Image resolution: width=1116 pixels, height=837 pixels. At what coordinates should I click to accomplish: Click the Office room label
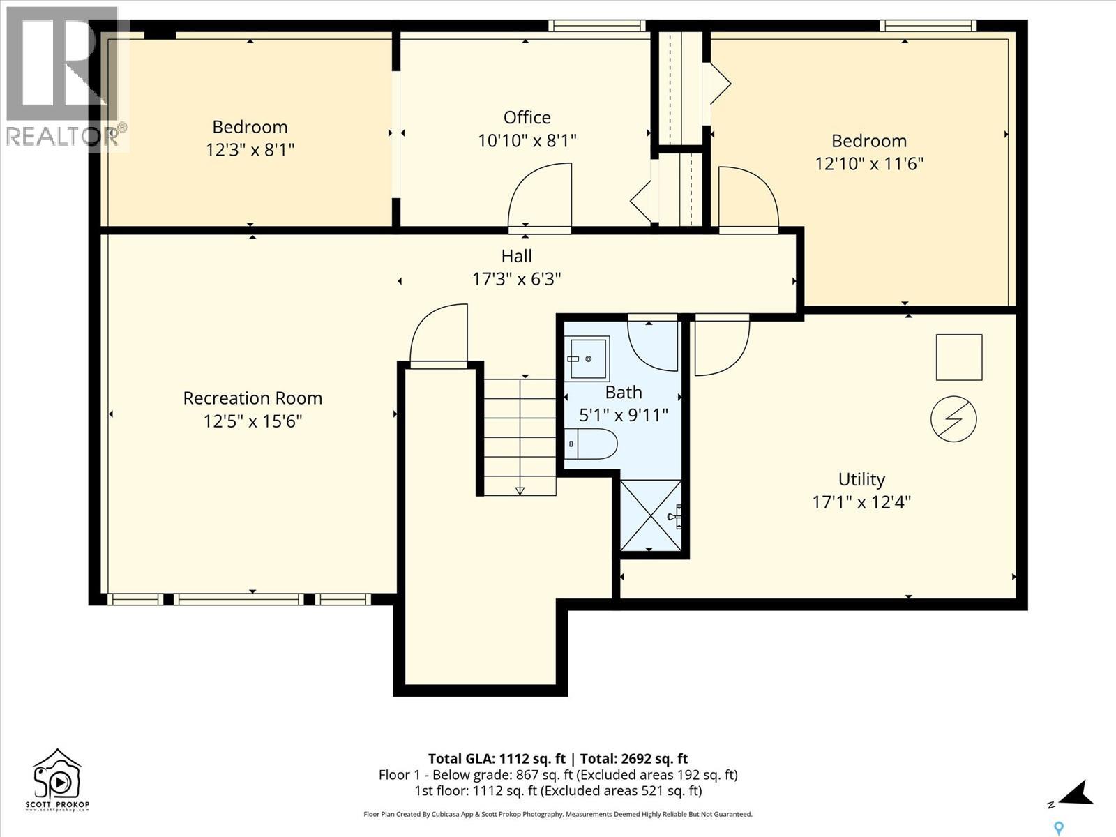(x=527, y=117)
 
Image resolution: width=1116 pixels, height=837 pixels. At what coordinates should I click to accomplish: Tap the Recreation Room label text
(x=252, y=398)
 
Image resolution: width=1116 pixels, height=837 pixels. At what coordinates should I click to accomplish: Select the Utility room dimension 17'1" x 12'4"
(x=861, y=502)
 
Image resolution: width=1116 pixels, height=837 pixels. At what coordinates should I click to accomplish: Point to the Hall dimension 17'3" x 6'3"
(x=517, y=279)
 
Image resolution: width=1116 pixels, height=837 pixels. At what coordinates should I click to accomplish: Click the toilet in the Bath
(x=591, y=444)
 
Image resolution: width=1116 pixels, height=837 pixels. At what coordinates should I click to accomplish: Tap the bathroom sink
(x=588, y=359)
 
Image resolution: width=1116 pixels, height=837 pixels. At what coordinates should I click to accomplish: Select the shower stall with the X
(x=651, y=515)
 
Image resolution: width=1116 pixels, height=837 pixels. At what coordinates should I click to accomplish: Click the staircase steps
(x=520, y=437)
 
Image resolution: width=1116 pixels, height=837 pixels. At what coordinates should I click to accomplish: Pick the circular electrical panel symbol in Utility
(x=953, y=418)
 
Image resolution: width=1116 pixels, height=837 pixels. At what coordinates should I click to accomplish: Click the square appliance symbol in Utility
(x=959, y=356)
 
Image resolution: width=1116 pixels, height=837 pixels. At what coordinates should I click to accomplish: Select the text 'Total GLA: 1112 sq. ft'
(x=497, y=759)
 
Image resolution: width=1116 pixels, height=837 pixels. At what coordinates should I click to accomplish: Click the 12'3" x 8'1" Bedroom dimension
(x=250, y=150)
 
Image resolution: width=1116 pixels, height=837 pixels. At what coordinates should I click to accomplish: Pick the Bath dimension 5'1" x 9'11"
(x=624, y=415)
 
